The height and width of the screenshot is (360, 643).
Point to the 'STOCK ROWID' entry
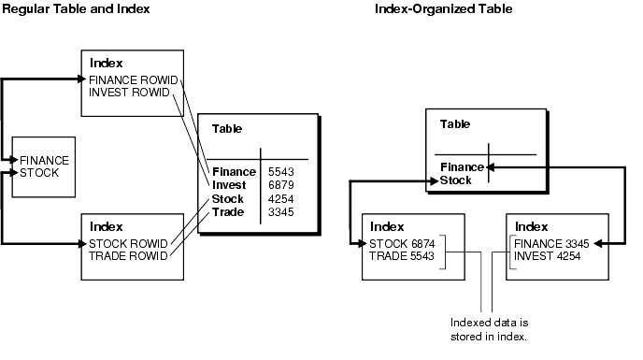coord(128,244)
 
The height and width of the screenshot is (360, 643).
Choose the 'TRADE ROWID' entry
coord(127,257)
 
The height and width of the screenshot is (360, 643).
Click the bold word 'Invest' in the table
coord(229,186)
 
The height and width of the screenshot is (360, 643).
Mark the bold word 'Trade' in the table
coord(228,212)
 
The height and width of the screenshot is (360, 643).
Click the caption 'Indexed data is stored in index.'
coord(491,327)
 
